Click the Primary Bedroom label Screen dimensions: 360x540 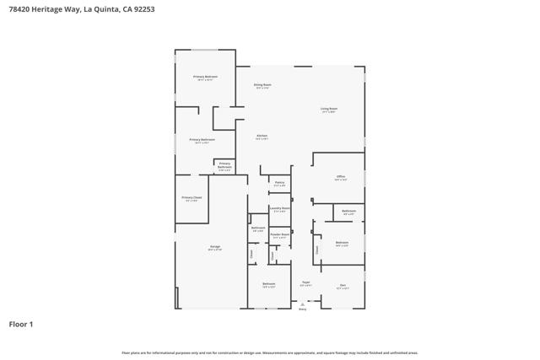point(205,77)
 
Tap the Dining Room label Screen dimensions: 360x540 point(262,84)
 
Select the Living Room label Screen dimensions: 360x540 point(329,109)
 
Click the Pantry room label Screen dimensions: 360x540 point(279,182)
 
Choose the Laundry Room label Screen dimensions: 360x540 point(279,208)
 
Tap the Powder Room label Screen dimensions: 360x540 point(279,235)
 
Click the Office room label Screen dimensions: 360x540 point(340,177)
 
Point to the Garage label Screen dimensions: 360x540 point(215,247)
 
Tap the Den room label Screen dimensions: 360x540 point(343,285)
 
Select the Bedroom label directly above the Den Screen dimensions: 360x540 point(341,243)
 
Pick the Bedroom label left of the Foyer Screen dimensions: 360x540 point(268,284)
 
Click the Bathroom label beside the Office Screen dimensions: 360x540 point(348,211)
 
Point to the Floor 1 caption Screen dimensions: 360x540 point(21,324)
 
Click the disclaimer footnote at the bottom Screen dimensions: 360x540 point(269,352)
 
